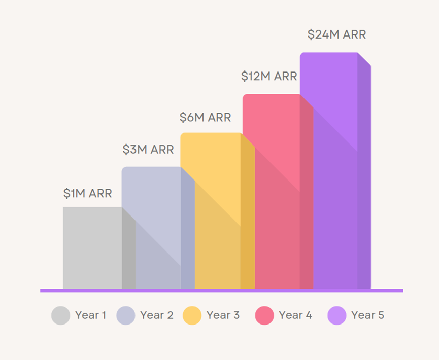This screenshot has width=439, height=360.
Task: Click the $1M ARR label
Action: click(x=87, y=193)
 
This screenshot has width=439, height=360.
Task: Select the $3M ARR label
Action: click(x=148, y=150)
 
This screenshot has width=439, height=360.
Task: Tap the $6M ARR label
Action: click(x=205, y=118)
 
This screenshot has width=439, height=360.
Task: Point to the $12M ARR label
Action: click(x=268, y=77)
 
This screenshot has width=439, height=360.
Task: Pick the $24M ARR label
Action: click(x=336, y=34)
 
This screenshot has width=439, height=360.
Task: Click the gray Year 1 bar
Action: click(x=92, y=248)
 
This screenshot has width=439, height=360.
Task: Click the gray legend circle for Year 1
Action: click(x=60, y=315)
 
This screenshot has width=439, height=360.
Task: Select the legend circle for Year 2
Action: click(x=126, y=315)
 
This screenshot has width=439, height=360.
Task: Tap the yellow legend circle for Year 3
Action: click(x=192, y=315)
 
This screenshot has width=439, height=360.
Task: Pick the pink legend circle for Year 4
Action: click(x=264, y=315)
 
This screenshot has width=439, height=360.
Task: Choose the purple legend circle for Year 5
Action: click(x=337, y=315)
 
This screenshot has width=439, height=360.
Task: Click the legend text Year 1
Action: click(x=90, y=315)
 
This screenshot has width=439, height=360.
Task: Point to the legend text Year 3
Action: click(x=223, y=315)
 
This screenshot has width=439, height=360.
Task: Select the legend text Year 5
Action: click(x=367, y=315)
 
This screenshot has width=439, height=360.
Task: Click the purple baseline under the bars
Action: click(x=221, y=291)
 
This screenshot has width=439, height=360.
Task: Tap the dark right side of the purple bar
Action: click(x=364, y=177)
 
